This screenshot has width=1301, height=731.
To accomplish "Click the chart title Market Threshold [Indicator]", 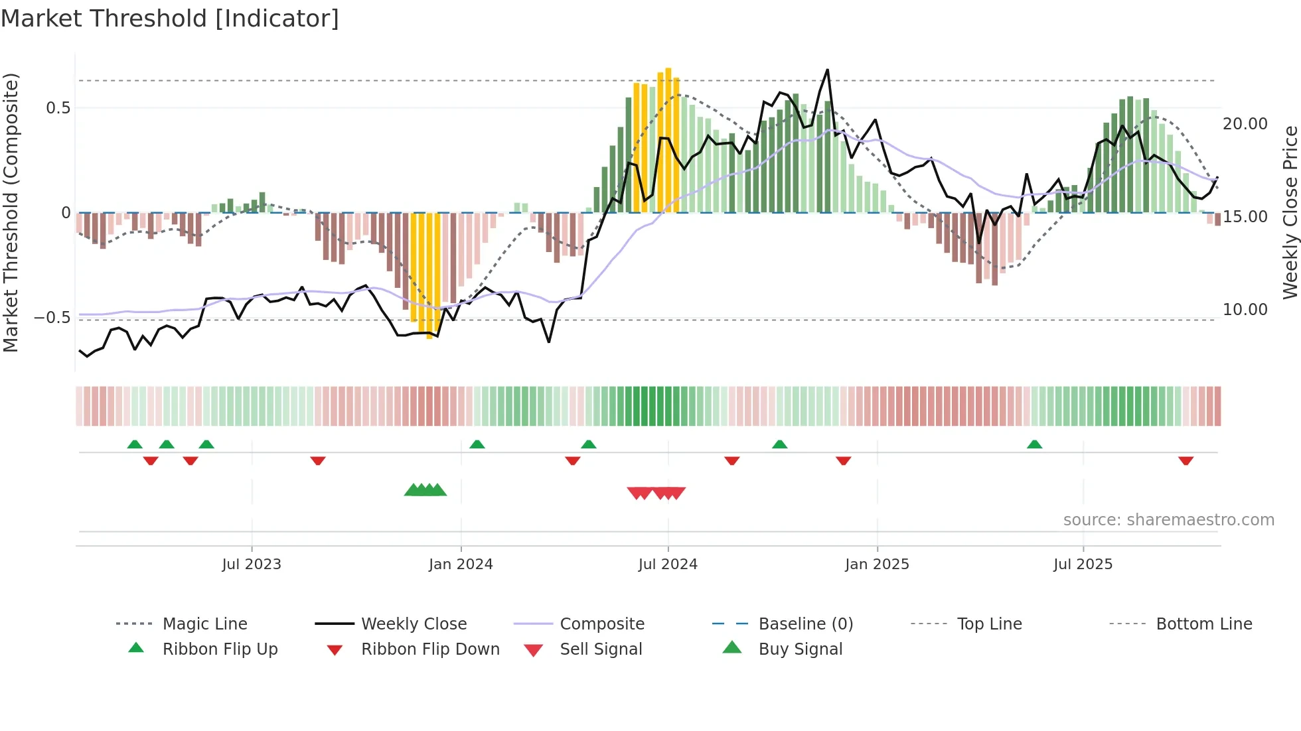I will coord(170,19).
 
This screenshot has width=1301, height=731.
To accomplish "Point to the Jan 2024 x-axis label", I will coord(461,564).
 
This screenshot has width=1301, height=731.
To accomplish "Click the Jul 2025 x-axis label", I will coord(1083,564).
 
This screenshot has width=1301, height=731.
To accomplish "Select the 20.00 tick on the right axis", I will coord(1245,123).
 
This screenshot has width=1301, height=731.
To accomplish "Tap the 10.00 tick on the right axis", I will coord(1245,309).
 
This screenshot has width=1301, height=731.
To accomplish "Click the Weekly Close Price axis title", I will coord(1290,212).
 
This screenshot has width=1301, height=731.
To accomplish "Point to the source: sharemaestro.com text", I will coord(1168,519).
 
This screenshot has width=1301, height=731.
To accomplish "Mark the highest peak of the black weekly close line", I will coord(827,70).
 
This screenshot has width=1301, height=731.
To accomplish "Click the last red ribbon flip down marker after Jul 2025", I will coord(1186,460).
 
